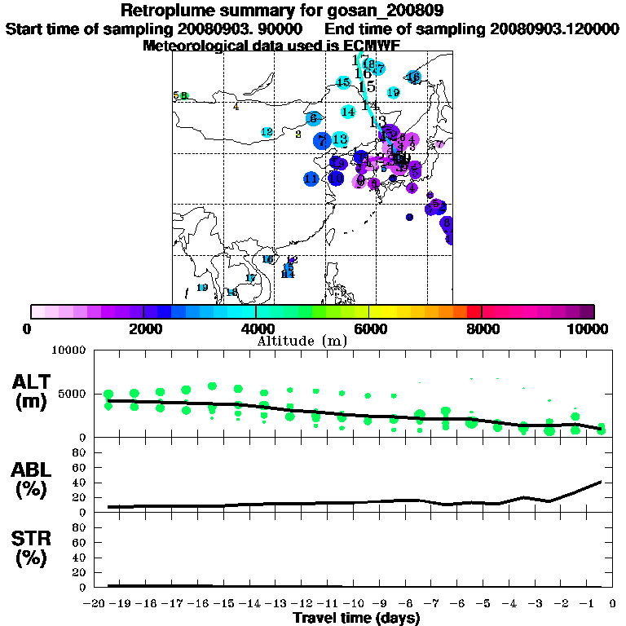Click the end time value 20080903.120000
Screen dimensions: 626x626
pos(554,29)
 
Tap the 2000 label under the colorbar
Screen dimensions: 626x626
pos(143,329)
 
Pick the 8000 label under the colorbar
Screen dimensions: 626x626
pos(483,329)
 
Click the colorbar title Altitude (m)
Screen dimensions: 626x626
pos(302,341)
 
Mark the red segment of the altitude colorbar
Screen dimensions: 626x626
pos(474,311)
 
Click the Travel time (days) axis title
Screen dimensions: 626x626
pos(356,618)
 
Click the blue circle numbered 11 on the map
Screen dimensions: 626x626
pos(311,179)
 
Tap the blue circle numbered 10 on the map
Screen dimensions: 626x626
pos(336,178)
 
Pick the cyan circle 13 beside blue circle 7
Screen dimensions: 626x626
pos(340,139)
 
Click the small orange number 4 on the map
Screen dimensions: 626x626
pos(236,107)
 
